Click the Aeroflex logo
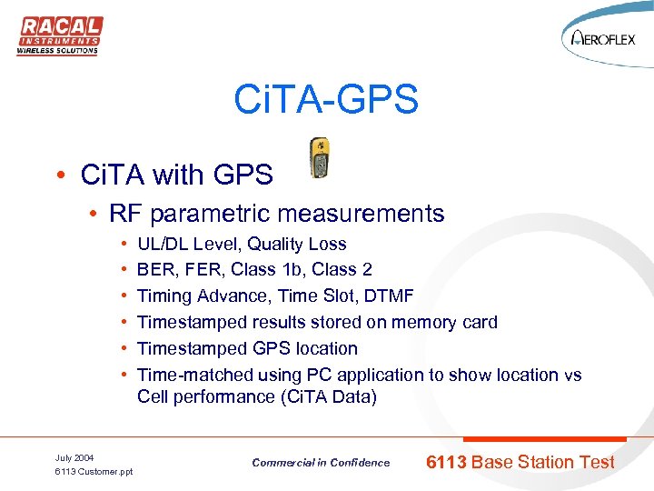point(603,39)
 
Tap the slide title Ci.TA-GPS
point(326,99)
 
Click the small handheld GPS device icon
point(319,158)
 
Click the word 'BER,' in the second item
point(156,270)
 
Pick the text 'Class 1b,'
point(265,270)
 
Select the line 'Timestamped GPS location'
point(247,348)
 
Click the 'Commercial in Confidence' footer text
point(321,463)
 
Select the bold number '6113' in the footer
point(446,462)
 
